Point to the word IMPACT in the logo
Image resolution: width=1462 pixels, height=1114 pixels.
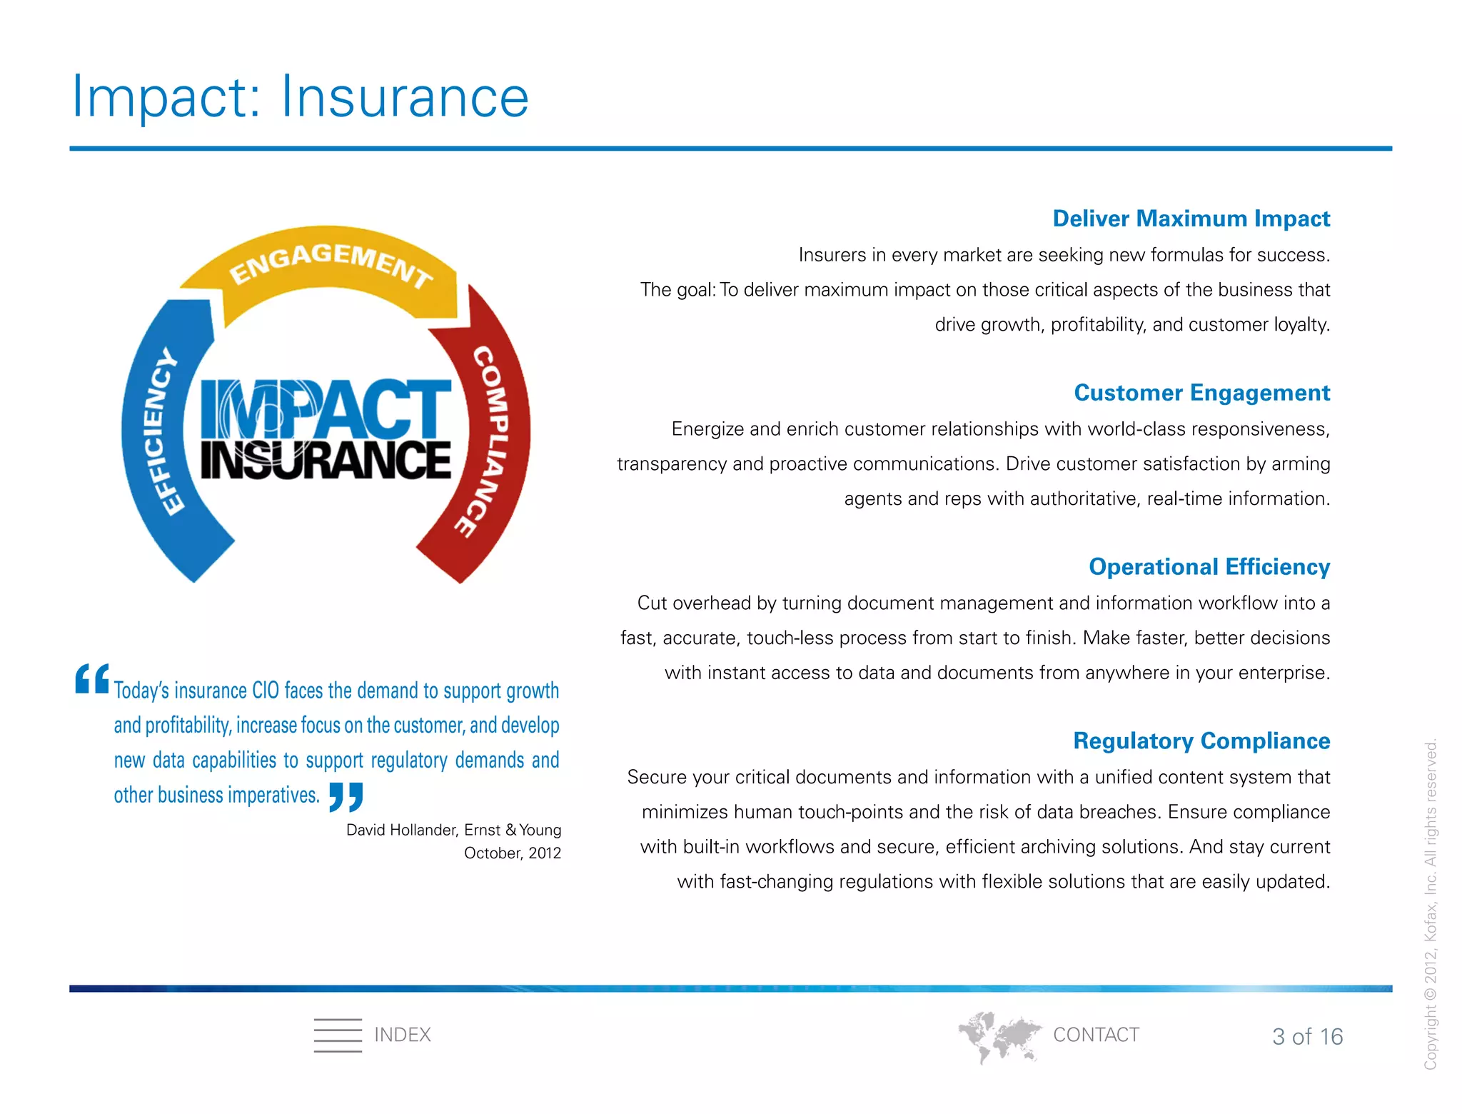(x=326, y=408)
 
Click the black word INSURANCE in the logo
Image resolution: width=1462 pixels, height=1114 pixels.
(x=326, y=460)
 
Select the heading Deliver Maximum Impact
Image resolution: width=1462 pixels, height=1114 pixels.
(x=1191, y=219)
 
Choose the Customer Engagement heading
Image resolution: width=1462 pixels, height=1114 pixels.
(x=1201, y=393)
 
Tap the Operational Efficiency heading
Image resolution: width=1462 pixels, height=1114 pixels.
(x=1209, y=567)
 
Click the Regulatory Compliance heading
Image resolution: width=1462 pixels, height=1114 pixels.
(x=1201, y=741)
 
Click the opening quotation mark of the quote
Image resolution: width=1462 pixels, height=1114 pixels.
(x=92, y=679)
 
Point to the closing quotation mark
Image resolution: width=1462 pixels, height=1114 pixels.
(x=346, y=797)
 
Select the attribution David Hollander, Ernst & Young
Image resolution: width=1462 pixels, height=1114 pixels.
(x=453, y=830)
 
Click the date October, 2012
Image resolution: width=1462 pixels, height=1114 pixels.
(x=512, y=853)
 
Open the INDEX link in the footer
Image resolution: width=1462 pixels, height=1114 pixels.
(x=403, y=1035)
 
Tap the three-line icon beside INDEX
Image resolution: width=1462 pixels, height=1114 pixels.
(x=338, y=1035)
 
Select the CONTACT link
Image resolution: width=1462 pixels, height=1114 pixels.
(x=1096, y=1035)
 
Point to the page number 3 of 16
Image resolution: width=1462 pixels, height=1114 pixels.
(x=1307, y=1037)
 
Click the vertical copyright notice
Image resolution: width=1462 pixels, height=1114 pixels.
(x=1431, y=904)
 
